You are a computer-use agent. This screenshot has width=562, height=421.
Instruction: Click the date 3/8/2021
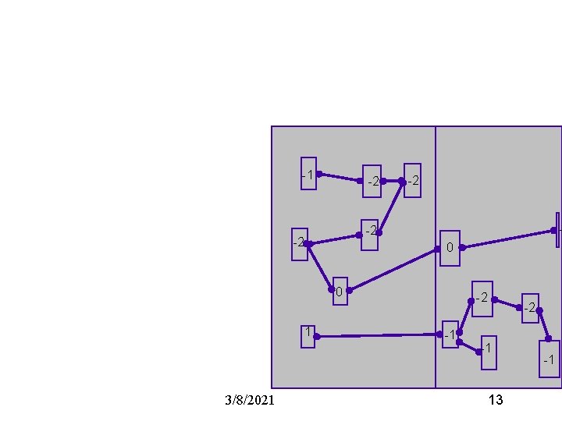(x=249, y=400)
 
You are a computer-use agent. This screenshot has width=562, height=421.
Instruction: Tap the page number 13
(x=495, y=400)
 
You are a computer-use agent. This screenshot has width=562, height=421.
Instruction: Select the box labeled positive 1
(x=308, y=336)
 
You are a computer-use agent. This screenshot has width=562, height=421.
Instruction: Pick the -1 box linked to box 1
(x=450, y=334)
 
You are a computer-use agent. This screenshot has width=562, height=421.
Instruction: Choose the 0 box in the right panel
(x=450, y=248)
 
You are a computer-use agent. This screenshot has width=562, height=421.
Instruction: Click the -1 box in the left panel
(x=309, y=174)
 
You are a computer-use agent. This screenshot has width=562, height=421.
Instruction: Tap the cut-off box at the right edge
(x=558, y=229)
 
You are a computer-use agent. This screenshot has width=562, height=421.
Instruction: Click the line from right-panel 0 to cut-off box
(x=507, y=239)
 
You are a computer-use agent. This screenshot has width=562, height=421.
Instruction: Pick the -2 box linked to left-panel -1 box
(x=372, y=181)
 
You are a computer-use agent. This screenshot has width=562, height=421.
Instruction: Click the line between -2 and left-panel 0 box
(x=320, y=267)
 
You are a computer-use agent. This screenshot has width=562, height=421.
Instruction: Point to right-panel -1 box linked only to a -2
(x=550, y=359)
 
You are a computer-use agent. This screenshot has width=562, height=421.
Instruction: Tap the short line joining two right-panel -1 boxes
(x=469, y=347)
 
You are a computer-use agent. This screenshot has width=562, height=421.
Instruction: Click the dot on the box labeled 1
(x=316, y=337)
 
